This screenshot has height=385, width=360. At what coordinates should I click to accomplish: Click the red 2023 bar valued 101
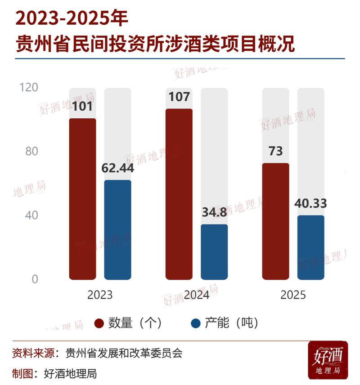82,199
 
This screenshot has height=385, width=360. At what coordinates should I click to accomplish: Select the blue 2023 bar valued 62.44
117,230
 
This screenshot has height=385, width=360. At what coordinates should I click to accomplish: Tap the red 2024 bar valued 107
179,194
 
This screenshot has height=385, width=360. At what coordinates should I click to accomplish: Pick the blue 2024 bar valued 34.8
214,252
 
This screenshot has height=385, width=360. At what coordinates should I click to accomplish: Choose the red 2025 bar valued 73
275,221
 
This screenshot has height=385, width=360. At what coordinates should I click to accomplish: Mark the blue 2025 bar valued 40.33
310,247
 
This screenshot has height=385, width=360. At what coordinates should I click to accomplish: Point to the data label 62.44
118,169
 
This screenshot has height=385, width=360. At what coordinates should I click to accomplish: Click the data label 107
179,97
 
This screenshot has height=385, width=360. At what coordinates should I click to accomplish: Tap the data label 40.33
310,203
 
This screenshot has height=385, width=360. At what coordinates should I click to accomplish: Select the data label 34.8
214,212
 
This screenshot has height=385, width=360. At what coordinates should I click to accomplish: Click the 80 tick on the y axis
31,151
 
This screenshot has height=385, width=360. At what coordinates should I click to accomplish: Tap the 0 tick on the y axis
34,279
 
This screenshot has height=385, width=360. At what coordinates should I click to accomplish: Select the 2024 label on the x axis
197,295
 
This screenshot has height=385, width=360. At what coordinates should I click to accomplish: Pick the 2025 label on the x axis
293,295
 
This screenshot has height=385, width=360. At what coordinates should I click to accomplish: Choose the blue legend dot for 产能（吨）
196,323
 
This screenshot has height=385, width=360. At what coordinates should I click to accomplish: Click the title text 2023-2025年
72,19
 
